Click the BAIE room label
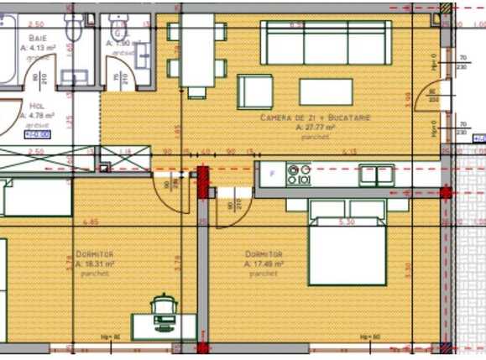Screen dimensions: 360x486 38,39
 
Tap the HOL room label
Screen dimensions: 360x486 36,107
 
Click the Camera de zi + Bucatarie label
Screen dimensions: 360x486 316,118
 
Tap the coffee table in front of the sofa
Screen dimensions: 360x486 326,91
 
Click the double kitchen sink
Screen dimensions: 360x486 377,175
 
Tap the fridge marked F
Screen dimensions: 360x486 270,175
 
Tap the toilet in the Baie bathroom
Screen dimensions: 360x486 72,29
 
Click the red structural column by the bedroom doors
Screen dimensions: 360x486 202,181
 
